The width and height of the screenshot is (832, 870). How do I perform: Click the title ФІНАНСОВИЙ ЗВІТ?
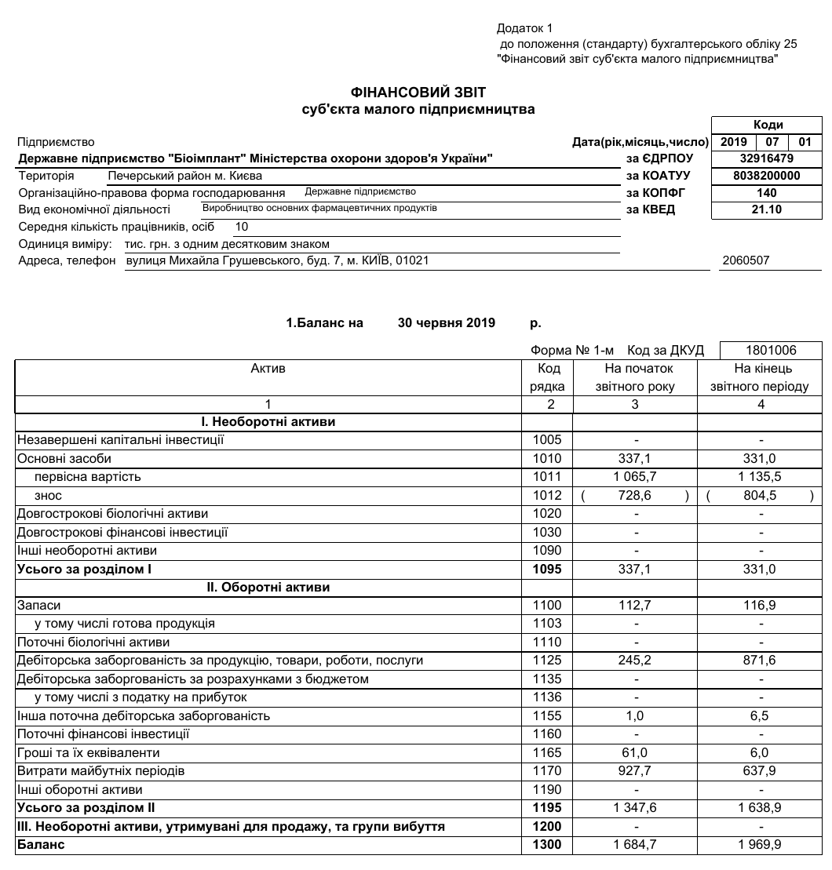[x=418, y=93]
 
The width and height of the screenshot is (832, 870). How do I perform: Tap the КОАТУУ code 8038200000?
[x=766, y=176]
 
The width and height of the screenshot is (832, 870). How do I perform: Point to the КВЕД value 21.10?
[x=766, y=209]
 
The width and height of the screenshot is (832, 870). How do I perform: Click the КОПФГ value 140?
[x=766, y=193]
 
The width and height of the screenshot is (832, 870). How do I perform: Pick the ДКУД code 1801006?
[x=770, y=350]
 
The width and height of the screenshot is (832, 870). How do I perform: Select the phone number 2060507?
[x=750, y=260]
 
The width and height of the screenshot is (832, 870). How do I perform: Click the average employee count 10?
[x=242, y=227]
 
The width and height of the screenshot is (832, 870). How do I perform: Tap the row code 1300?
[x=547, y=845]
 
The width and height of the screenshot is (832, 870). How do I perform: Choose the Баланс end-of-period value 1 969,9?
[x=760, y=845]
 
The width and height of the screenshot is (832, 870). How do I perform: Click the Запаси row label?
[x=38, y=605]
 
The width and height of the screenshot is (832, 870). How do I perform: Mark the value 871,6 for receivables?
[x=760, y=661]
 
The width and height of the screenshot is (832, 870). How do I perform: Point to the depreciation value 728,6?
[x=635, y=496]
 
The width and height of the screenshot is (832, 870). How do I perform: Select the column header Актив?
[x=268, y=368]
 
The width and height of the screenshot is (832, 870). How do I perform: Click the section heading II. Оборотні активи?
[x=268, y=587]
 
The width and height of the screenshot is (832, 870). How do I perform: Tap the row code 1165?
[x=547, y=752]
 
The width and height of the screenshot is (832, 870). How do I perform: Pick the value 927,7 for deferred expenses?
[x=635, y=771]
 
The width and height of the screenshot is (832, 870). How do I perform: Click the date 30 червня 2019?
[x=447, y=322]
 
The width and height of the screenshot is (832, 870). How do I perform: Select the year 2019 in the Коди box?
[x=734, y=142]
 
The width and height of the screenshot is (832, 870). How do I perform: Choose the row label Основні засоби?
[x=64, y=458]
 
